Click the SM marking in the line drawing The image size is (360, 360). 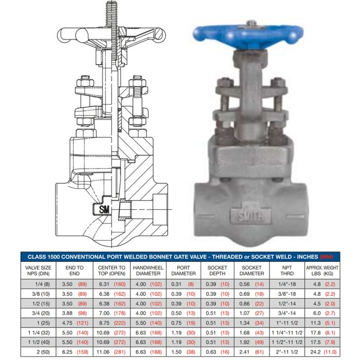tap(104, 209)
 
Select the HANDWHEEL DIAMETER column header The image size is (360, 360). tap(148, 271)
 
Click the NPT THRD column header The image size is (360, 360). tap(287, 271)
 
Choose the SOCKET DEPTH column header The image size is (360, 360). tap(217, 271)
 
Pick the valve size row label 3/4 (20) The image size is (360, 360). tap(41, 313)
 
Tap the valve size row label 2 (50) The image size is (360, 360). tap(43, 352)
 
